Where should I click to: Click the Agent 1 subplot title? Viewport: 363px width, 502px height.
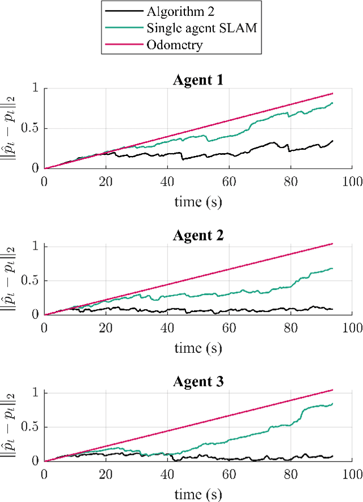198,79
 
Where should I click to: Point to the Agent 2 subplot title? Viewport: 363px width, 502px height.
198,235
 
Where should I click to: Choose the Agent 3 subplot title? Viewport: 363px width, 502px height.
198,382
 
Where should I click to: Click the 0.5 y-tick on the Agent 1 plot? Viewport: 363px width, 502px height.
32,128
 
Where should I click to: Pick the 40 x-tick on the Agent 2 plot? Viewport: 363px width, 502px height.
167,327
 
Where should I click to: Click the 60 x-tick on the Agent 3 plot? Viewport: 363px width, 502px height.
229,474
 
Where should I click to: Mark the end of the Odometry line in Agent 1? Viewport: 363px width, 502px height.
332,94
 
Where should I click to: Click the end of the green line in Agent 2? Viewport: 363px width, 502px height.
332,268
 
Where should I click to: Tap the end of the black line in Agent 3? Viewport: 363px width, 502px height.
332,455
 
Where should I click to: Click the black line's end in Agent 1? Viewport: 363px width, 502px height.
332,141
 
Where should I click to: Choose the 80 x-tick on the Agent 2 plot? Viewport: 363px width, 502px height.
290,327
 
